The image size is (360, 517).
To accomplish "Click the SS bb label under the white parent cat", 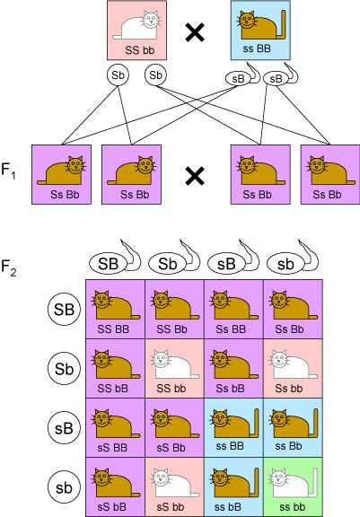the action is coord(140,50).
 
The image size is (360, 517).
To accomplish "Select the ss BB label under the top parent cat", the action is coord(257,48).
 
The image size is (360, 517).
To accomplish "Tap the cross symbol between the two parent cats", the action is coord(195,33).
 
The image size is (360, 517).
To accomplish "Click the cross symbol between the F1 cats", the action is coord(195,175).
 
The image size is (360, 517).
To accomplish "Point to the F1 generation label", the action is coord(9,171).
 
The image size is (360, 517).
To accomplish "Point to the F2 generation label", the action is coord(9,267).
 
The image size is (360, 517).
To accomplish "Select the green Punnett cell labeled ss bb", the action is coord(293,486).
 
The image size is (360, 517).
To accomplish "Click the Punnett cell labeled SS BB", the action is coord(115,309).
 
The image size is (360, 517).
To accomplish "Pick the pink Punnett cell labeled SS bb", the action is coord(174,368).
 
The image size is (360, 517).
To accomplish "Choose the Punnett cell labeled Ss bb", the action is coord(293,368).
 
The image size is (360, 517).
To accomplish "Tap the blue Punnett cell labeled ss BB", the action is coord(233,427).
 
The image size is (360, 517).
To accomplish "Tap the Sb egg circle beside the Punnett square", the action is coord(64,369).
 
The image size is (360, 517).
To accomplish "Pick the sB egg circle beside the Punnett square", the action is coord(64,428).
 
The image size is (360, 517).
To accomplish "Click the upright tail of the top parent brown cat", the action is coord(283,24).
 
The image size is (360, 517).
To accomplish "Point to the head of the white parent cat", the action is coord(151,20).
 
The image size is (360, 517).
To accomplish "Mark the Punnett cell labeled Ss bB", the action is coord(233,368).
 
